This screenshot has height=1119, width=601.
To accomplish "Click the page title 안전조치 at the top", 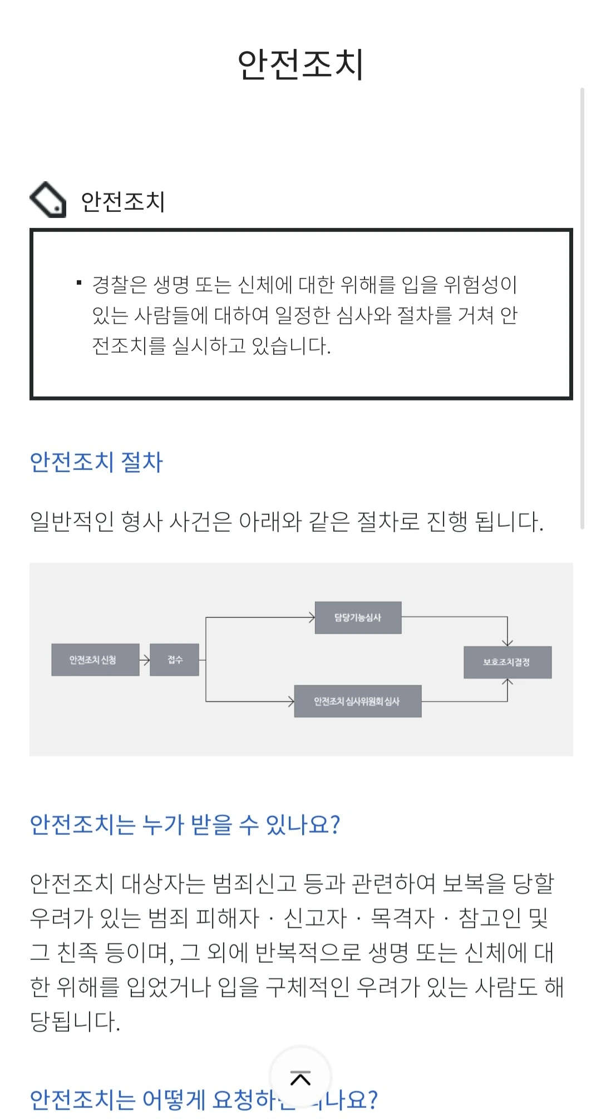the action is coord(300,65).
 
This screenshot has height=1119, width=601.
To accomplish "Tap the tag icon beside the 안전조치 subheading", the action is coord(48,200).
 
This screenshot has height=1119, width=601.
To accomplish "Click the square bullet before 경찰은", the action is coord(79,284).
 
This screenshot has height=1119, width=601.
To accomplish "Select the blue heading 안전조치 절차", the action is coord(96,462).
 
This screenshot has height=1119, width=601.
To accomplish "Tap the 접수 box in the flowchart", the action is coord(175,660).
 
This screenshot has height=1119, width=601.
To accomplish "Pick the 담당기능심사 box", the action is coord(358,617).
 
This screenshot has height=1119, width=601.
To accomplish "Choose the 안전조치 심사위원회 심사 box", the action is coord(357,701).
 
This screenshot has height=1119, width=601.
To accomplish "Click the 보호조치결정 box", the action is coord(508,662).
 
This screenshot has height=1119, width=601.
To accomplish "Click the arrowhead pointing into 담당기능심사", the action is coord(311,617).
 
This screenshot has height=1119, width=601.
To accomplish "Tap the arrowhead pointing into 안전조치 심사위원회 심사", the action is coord(290,701).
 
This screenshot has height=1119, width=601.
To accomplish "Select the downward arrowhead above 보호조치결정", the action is coord(508,642).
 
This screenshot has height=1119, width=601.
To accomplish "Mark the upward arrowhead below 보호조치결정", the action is coord(508,682).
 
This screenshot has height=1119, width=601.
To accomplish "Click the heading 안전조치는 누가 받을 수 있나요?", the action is coord(185,824).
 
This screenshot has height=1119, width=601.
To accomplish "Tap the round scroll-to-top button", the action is coord(300,1078).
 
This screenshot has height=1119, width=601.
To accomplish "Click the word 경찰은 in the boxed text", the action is coord(119,285).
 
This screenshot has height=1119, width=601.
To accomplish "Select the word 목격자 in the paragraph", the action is coord(402,918).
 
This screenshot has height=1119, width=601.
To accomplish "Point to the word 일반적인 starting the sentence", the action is coord(72,522).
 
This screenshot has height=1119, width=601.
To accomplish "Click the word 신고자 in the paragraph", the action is coord(315,918).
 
